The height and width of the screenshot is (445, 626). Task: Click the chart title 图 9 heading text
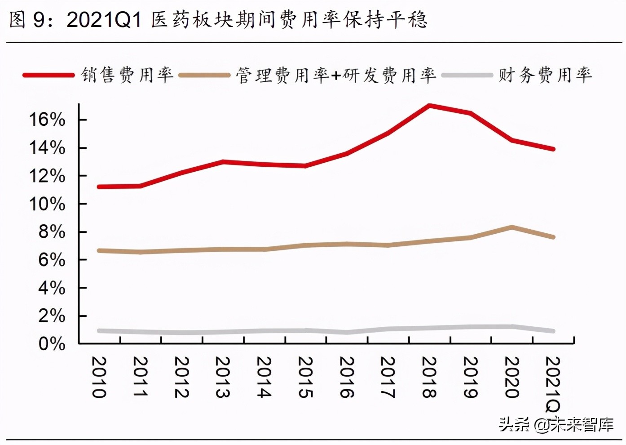click(x=218, y=20)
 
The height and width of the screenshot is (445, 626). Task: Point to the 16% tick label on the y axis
click(x=47, y=120)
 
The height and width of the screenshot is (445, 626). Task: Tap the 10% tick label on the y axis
click(x=47, y=204)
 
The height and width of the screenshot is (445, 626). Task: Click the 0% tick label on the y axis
click(x=52, y=344)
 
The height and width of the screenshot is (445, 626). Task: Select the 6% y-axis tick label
click(x=52, y=260)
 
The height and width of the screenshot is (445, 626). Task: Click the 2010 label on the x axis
click(x=99, y=377)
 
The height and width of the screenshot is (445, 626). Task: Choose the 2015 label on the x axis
click(x=305, y=377)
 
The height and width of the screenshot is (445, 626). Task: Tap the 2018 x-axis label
click(x=429, y=377)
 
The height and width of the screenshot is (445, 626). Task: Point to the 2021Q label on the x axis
click(x=553, y=384)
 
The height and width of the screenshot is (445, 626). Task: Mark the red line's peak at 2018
click(x=429, y=106)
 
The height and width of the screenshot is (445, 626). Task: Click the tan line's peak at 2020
click(x=511, y=227)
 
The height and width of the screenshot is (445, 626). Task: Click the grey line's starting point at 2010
click(x=99, y=331)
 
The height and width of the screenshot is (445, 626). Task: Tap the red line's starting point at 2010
click(x=99, y=187)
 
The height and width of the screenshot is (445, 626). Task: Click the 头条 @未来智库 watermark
click(x=556, y=424)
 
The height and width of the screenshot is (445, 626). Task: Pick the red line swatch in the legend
click(x=48, y=75)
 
